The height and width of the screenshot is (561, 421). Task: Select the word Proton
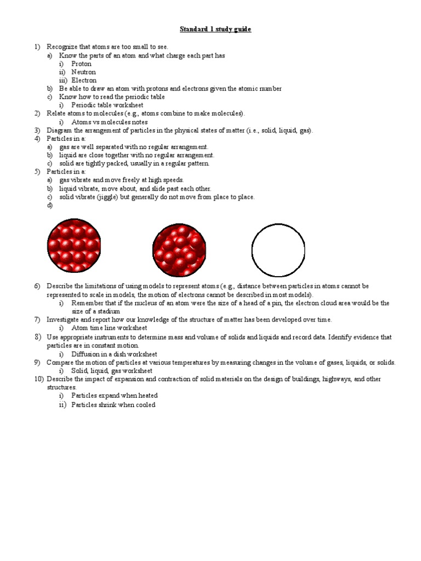82,64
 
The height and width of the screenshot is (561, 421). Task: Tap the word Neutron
83,72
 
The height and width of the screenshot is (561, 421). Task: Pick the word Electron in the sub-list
84,80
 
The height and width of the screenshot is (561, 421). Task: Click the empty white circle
278,250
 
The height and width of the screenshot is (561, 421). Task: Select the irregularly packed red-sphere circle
179,250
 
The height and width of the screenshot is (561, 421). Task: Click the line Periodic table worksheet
107,105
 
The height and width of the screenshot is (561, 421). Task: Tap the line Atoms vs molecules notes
110,122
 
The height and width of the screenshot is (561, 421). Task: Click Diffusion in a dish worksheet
115,354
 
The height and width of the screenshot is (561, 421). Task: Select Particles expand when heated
115,395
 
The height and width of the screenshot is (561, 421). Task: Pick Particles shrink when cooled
113,405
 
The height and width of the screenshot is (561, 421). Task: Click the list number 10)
39,379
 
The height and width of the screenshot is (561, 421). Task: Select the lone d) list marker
50,205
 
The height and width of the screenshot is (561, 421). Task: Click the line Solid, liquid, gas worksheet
111,371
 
